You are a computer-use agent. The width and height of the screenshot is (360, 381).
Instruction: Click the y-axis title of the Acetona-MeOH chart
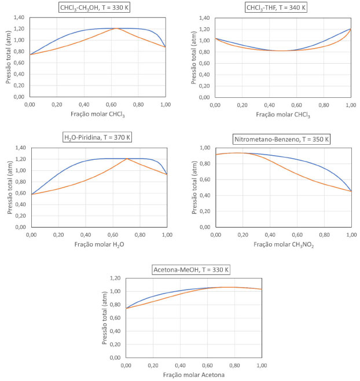click(106, 317)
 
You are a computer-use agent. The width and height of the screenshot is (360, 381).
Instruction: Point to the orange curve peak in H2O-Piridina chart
click(127, 159)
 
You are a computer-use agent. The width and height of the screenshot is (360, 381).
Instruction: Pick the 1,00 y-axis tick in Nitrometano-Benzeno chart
click(205, 148)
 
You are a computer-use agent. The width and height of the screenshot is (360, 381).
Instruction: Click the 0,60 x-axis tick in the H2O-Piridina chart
click(113, 235)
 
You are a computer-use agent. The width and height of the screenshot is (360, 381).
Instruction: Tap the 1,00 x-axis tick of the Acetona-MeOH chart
click(262, 365)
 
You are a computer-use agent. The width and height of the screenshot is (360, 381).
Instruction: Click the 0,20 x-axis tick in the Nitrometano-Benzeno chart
click(243, 235)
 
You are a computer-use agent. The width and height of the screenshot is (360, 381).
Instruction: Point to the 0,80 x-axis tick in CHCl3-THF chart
click(324, 105)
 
